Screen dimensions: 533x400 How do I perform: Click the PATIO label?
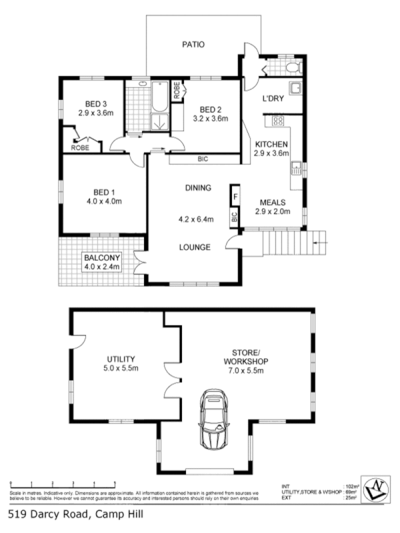point(193,45)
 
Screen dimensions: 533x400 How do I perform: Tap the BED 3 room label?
point(96,103)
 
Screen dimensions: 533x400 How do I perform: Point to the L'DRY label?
point(273,99)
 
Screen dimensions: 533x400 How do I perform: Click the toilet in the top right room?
point(292,67)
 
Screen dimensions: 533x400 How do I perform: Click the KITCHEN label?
point(271,144)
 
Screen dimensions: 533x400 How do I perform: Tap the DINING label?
point(198,188)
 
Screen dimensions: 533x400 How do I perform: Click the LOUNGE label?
point(195,247)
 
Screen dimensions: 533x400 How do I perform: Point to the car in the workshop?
point(215,420)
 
